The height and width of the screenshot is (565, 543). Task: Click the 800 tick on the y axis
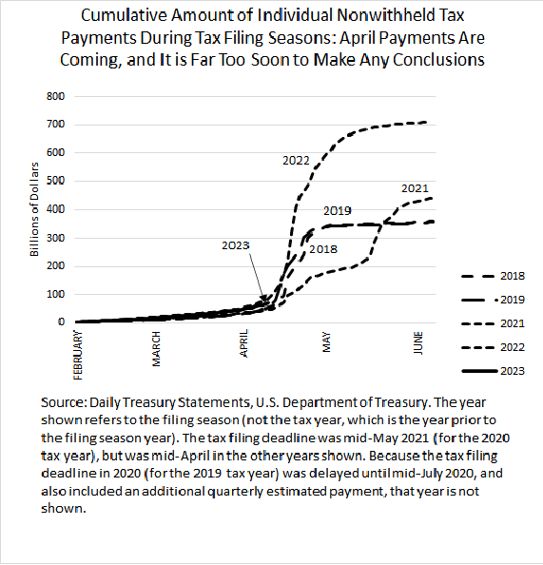(x=59, y=96)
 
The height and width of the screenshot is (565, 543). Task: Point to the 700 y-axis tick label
(x=59, y=125)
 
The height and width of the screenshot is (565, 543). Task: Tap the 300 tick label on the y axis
(x=59, y=238)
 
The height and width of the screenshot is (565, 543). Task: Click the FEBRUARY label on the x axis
(x=80, y=349)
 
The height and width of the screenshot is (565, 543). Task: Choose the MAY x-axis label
(x=326, y=340)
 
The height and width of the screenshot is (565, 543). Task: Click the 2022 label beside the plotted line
(x=296, y=162)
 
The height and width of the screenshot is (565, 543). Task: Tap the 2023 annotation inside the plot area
(x=235, y=244)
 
